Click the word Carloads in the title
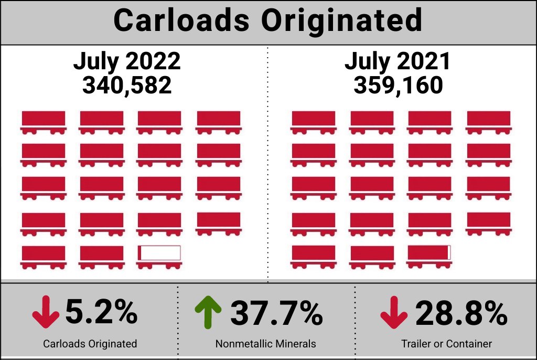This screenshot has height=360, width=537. tap(181, 20)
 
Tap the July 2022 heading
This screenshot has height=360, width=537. tap(127, 61)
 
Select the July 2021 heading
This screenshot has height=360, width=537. tap(398, 61)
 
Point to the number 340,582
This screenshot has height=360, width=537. tap(127, 85)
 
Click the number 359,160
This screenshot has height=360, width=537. tap(398, 85)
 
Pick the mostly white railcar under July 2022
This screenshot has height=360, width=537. tap(159, 257)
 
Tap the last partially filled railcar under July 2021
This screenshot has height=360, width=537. tap(429, 257)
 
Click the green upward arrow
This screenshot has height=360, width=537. tap(208, 312)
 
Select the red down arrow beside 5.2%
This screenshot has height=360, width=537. tap(46, 312)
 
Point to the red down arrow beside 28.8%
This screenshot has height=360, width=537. tap(394, 312)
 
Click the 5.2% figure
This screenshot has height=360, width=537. tap(101, 312)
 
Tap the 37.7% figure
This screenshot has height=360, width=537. tap(276, 313)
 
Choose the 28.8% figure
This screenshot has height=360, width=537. tap(461, 313)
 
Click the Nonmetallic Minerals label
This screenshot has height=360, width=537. tap(265, 344)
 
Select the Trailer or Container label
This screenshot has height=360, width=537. tap(447, 344)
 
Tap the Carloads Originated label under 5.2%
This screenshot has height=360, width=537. tap(90, 344)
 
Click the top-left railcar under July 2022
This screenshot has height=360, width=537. tap(44, 122)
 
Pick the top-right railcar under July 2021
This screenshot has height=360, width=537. tap(489, 122)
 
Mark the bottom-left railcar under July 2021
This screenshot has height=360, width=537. tap(314, 257)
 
